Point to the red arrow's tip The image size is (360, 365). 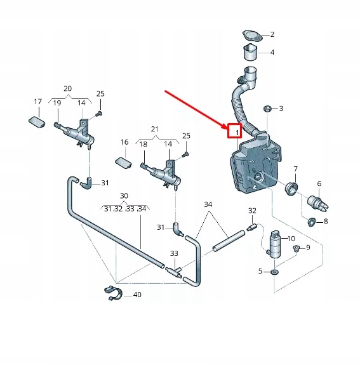point(227,129)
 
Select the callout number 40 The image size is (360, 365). point(137,295)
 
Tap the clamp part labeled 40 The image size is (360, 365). point(114,293)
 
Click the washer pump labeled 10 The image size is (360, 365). point(275,244)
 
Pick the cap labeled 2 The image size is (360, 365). point(253,36)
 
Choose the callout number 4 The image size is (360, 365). point(272,53)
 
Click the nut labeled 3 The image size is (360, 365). point(267,109)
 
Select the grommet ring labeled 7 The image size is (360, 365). point(291,189)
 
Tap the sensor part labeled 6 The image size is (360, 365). point(318,203)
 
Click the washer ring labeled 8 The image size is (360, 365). point(311,222)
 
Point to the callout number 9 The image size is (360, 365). point(308,248)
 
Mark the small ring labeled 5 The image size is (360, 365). point(275,272)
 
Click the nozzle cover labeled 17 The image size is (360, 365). point(37,122)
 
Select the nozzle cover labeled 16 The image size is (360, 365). point(123,163)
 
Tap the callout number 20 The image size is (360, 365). point(67,89)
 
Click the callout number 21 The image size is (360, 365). point(155,129)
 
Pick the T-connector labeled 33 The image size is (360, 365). point(174,272)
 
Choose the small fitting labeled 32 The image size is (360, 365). point(252,227)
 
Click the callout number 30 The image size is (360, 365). point(124,196)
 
